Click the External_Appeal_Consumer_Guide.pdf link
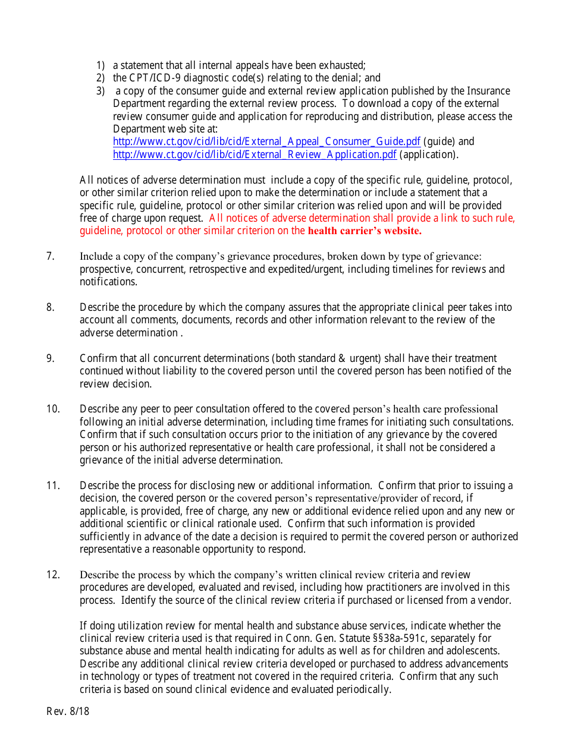(266, 142)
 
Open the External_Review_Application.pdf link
(255, 155)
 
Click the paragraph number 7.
(51, 257)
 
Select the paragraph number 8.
(51, 308)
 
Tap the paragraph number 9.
(51, 358)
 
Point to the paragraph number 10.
(53, 409)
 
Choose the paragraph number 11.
(53, 486)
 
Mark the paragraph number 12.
(53, 575)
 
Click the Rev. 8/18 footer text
(68, 711)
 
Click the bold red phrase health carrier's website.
(365, 231)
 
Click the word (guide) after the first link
(440, 142)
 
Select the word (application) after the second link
(429, 155)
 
